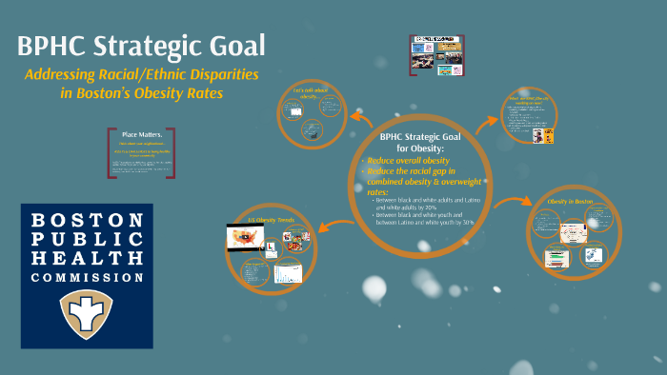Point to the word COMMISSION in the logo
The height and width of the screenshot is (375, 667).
tap(87, 277)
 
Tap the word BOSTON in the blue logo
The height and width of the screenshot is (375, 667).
tap(87, 220)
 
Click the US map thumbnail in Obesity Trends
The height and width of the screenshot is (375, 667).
tap(244, 237)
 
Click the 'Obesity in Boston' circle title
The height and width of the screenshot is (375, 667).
tap(570, 203)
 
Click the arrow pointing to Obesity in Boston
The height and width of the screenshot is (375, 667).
tap(515, 203)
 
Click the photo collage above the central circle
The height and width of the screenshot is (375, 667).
tap(435, 54)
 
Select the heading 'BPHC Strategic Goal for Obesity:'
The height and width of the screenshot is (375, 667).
tap(419, 143)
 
